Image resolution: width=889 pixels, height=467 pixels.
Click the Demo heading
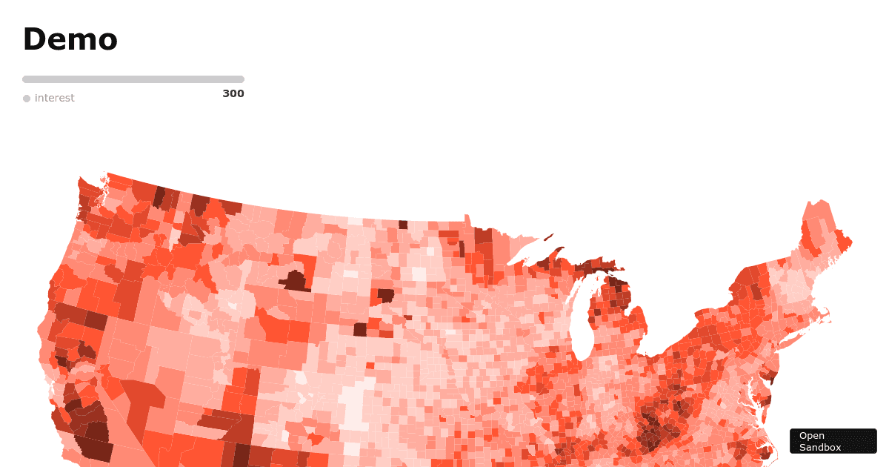pyautogui.click(x=70, y=39)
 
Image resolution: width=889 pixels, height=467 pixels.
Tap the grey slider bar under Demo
pyautogui.click(x=133, y=79)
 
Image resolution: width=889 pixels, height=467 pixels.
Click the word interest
pyautogui.click(x=54, y=98)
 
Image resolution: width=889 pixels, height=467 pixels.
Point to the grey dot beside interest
pyautogui.click(x=27, y=99)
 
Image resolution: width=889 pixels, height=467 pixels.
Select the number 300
pyautogui.click(x=233, y=93)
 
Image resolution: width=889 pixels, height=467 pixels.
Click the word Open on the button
pyautogui.click(x=811, y=436)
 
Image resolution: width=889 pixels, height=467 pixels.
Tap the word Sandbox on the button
pyautogui.click(x=820, y=447)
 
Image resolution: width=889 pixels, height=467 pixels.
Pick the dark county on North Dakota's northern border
pyautogui.click(x=403, y=225)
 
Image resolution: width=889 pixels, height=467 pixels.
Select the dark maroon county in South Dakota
pyautogui.click(x=385, y=295)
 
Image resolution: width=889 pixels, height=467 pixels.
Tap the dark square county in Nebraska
pyautogui.click(x=360, y=329)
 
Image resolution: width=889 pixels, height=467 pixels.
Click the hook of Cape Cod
pyautogui.click(x=826, y=320)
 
